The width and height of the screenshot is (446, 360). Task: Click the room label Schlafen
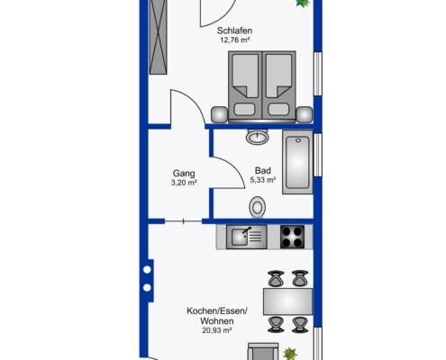click(234, 31)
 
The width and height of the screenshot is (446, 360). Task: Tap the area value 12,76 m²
click(235, 40)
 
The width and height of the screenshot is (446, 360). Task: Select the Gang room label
click(184, 174)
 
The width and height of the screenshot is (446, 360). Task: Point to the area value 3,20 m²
click(184, 183)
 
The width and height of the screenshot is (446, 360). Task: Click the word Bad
click(263, 170)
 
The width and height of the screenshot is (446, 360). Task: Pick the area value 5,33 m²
click(263, 180)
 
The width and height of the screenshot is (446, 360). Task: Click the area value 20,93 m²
click(217, 330)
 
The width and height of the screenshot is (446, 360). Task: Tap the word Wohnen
click(217, 321)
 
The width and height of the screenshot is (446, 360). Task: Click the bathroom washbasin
click(258, 137)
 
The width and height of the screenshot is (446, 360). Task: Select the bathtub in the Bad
click(297, 162)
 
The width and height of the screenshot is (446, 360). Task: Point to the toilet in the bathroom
click(257, 207)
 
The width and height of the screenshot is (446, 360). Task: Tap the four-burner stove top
click(292, 237)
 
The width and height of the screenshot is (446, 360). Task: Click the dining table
click(287, 301)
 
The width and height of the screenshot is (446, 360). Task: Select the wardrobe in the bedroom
click(158, 37)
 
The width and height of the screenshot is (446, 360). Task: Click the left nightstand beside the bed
click(220, 114)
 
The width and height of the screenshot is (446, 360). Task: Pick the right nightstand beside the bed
click(305, 114)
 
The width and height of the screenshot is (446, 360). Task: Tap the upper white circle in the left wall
click(147, 270)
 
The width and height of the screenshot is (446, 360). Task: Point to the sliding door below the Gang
click(183, 221)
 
